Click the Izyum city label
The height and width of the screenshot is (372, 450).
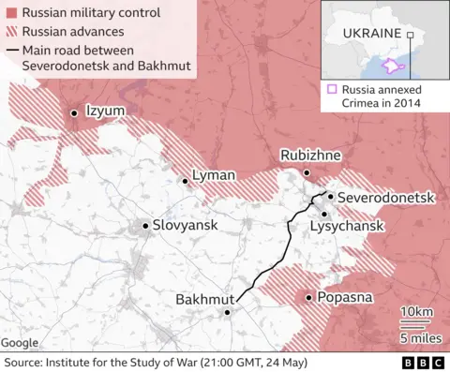point(105,111)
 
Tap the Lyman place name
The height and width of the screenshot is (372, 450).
point(213,175)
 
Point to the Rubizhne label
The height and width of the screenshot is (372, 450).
point(307,156)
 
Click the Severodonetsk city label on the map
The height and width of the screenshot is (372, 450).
point(385,198)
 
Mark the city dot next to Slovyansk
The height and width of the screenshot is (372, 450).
point(144,226)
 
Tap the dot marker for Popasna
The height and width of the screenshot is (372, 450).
point(308,298)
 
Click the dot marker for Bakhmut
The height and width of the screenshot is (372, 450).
point(227,313)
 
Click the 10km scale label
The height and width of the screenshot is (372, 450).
point(415,311)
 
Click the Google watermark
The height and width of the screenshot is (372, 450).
point(21,343)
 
